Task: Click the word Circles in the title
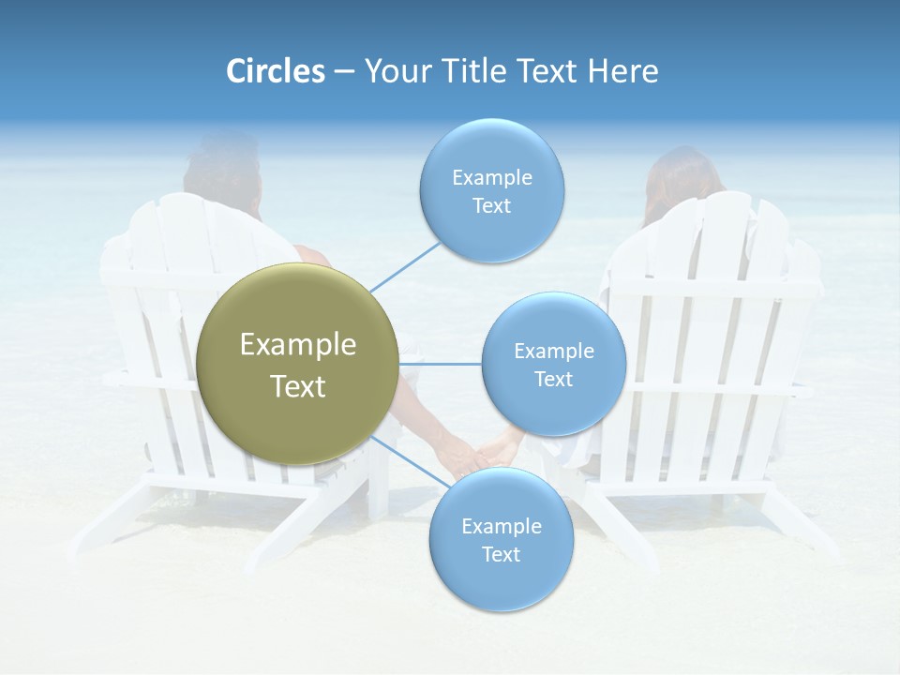pyautogui.click(x=275, y=71)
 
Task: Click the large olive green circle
pyautogui.click(x=297, y=364)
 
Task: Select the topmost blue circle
pyautogui.click(x=491, y=191)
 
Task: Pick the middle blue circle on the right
pyautogui.click(x=553, y=364)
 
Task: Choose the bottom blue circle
pyautogui.click(x=501, y=539)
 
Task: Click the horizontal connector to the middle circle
pyautogui.click(x=440, y=364)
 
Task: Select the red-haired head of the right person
pyautogui.click(x=682, y=183)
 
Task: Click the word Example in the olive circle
pyautogui.click(x=298, y=345)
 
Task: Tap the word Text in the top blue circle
pyautogui.click(x=491, y=206)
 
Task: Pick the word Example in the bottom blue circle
pyautogui.click(x=501, y=526)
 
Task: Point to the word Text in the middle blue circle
pyautogui.click(x=553, y=379)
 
